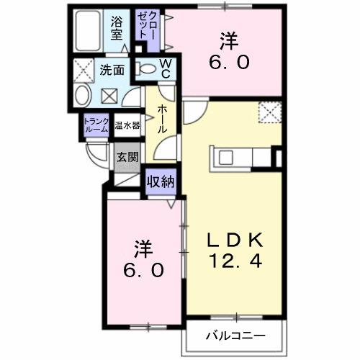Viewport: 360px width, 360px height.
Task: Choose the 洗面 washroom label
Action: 112,71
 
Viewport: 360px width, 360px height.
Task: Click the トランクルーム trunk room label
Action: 96,125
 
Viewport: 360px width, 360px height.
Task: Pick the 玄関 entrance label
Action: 127,156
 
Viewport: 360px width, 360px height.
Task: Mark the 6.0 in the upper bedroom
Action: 230,63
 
